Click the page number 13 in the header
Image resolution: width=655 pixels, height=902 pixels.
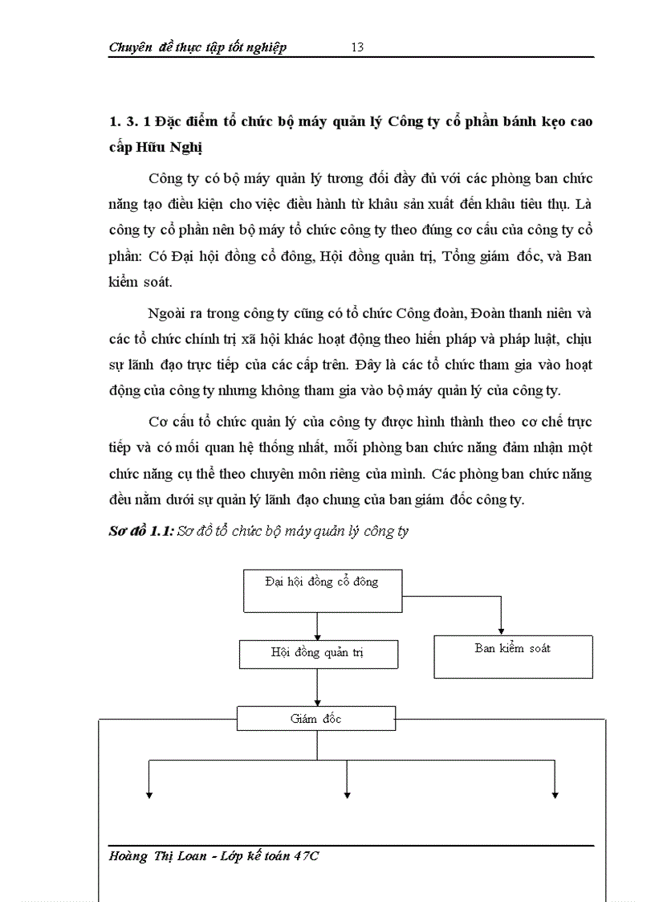pyautogui.click(x=357, y=47)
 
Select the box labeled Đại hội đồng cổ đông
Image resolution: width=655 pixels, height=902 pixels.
pyautogui.click(x=322, y=590)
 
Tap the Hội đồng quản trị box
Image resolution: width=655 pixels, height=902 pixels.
pyautogui.click(x=318, y=654)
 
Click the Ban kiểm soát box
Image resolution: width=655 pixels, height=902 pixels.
pyautogui.click(x=513, y=656)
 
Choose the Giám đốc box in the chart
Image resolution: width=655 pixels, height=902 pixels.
pyautogui.click(x=316, y=719)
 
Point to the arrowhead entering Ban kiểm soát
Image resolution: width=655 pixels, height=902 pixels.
pyautogui.click(x=502, y=631)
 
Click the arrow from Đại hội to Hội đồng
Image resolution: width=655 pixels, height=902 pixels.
pyautogui.click(x=319, y=626)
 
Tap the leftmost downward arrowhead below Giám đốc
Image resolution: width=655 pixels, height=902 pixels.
pyautogui.click(x=148, y=794)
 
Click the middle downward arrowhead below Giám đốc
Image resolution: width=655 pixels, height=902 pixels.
pyautogui.click(x=347, y=794)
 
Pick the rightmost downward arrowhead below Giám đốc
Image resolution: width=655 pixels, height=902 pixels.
pyautogui.click(x=555, y=794)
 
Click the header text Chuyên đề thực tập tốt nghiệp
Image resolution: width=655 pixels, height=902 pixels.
pyautogui.click(x=197, y=47)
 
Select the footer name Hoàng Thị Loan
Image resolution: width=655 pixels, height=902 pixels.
pyautogui.click(x=160, y=856)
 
